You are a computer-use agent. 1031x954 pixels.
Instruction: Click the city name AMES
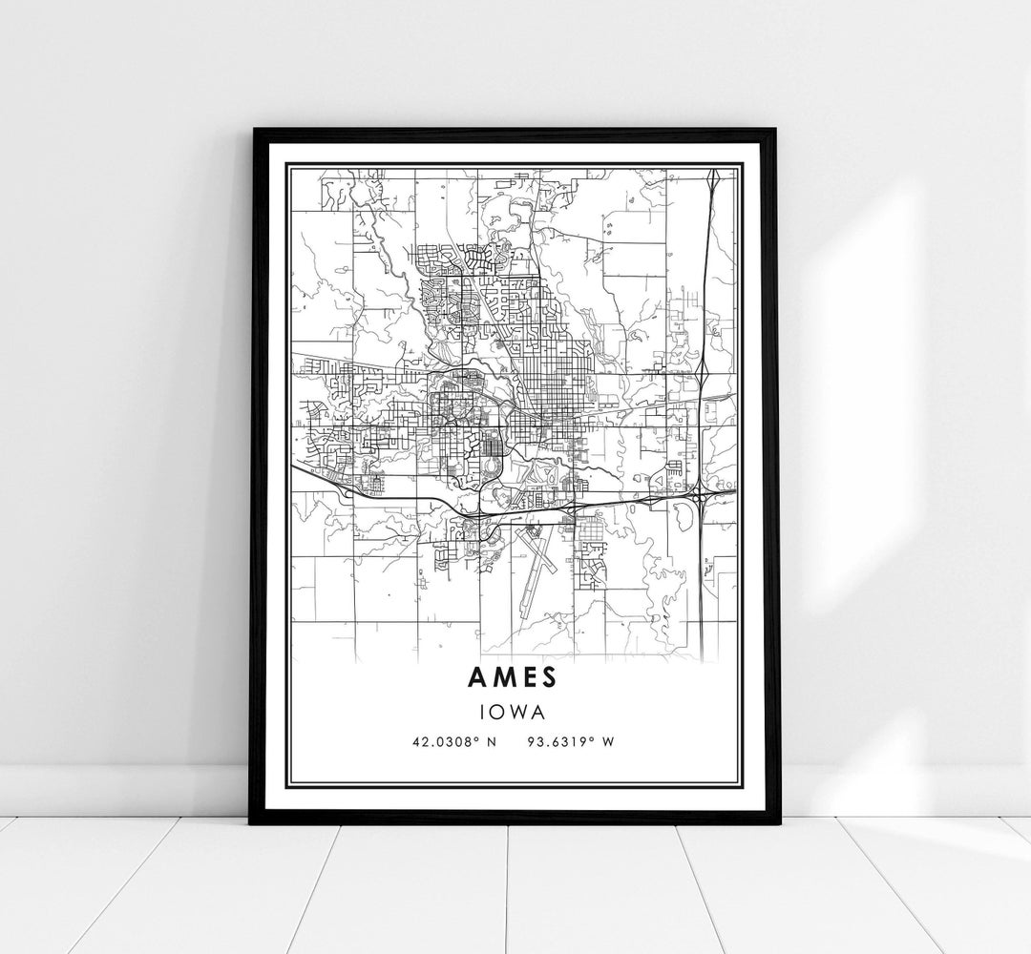[515, 675]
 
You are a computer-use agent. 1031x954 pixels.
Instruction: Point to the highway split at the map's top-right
[712, 181]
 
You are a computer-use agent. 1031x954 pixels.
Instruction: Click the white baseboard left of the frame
[124, 781]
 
